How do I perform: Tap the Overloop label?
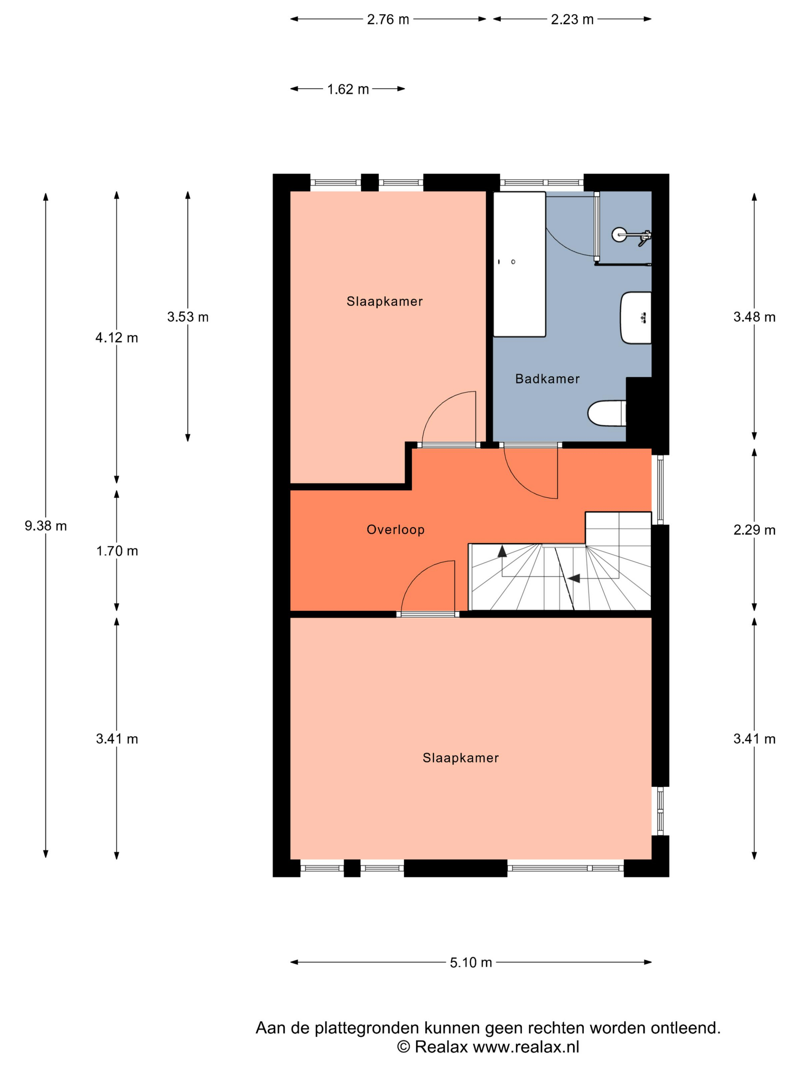(395, 530)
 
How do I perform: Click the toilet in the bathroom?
(606, 413)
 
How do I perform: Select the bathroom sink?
(635, 318)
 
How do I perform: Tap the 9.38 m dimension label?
(46, 526)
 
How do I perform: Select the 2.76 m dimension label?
(388, 19)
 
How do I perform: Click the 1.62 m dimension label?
(348, 89)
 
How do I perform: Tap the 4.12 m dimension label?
(117, 338)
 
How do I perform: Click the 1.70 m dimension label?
(117, 551)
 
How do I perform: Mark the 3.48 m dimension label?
(754, 317)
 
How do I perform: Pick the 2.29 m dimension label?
(754, 530)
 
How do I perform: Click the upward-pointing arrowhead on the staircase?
(502, 551)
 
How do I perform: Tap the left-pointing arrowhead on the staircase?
(574, 578)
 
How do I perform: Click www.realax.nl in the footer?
(526, 1046)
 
